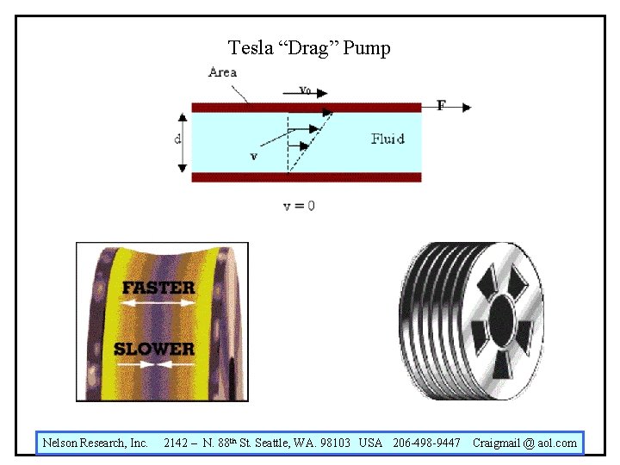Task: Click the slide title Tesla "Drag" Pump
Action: point(309,47)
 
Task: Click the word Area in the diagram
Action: point(222,72)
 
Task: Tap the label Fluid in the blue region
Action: point(387,139)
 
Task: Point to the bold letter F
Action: point(441,106)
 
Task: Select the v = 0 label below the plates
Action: point(299,206)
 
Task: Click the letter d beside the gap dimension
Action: point(177,139)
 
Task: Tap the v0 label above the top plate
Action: point(305,89)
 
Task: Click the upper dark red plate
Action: point(306,108)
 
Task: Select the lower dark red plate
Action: point(306,177)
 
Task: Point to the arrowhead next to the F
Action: point(466,107)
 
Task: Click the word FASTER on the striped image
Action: point(158,287)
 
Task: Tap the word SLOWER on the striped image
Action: point(155,348)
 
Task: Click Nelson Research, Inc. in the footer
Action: point(96,443)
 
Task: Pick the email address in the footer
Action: point(525,443)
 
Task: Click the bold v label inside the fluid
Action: point(253,157)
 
